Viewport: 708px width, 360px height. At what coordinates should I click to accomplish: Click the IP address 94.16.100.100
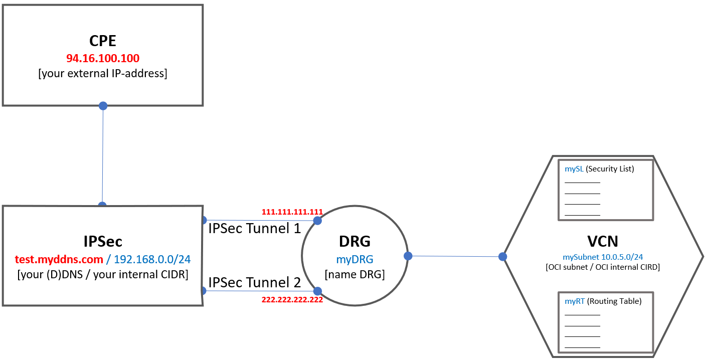coord(103,58)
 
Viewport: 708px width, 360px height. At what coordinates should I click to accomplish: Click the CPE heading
coord(103,41)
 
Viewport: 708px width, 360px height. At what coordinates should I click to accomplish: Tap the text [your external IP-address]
coord(103,73)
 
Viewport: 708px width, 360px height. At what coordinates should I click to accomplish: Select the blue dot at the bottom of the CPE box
coord(103,106)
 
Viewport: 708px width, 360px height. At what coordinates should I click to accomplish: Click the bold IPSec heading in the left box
coord(103,242)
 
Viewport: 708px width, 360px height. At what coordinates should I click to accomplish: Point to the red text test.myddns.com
coord(58,259)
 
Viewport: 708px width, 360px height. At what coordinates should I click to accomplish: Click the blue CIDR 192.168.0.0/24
coord(152,259)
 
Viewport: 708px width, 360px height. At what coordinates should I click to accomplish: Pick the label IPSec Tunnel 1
coord(254,229)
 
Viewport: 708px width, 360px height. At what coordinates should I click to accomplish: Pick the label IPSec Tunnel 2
coord(254,282)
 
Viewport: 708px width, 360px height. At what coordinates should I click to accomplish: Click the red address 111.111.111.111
coord(292,212)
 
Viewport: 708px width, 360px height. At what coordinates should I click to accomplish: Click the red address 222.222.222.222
coord(292,299)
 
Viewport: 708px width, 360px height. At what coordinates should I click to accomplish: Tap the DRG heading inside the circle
coord(355,242)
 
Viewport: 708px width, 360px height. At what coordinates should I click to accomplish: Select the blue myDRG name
coord(355,259)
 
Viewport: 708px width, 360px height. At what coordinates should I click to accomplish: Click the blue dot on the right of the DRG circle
coord(408,256)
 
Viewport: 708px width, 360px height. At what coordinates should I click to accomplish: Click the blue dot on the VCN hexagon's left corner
coord(502,257)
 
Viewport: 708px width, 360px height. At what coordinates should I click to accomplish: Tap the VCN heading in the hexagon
coord(603,242)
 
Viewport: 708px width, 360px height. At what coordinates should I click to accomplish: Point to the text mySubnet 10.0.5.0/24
coord(603,257)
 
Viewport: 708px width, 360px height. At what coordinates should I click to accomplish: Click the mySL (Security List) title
coord(599,169)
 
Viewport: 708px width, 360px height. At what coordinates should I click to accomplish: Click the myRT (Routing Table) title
coord(603,301)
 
